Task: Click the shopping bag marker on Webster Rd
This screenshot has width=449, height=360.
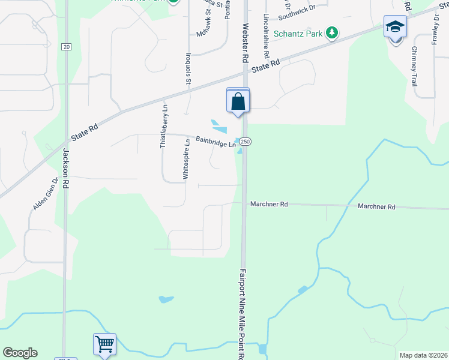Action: [x=238, y=101]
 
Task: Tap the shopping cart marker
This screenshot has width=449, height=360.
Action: [x=104, y=345]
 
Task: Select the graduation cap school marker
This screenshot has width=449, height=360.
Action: [x=395, y=28]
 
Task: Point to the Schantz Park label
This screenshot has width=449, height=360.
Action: [x=299, y=34]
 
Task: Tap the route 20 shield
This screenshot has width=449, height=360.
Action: [x=66, y=47]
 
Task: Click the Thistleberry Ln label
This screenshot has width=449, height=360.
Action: [x=163, y=126]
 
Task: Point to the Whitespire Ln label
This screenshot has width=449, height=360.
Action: [x=187, y=159]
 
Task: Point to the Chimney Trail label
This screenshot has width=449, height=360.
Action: [x=414, y=66]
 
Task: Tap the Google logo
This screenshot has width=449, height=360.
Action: [x=20, y=353]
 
